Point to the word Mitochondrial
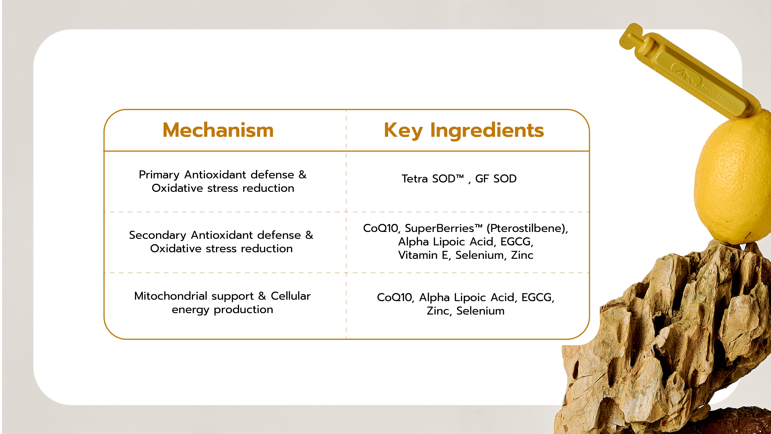(171, 296)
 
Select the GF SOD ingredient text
(496, 179)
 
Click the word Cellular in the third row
(291, 296)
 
